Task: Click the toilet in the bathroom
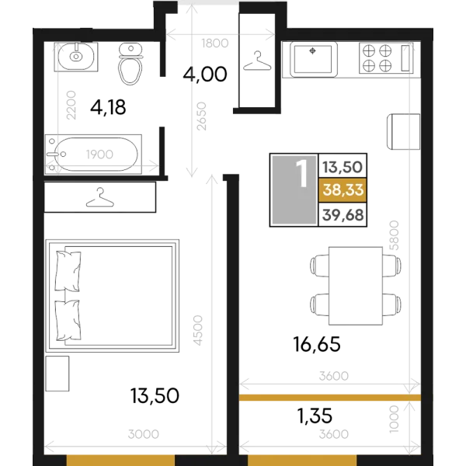130,64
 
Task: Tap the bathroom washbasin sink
76,57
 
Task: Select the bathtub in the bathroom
93,155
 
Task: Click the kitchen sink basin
314,60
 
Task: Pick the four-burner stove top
386,58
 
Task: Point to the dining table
356,286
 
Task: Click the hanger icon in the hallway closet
257,61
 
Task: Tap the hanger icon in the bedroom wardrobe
100,197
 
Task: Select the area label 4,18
108,107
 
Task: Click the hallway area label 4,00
205,75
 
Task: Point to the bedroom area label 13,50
155,395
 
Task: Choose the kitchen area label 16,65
317,344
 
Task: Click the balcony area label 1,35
315,416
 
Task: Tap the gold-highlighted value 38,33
343,190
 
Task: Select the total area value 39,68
343,214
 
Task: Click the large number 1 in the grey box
303,174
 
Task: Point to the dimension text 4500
197,330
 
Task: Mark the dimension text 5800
394,235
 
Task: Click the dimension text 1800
215,43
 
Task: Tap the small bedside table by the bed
57,374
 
